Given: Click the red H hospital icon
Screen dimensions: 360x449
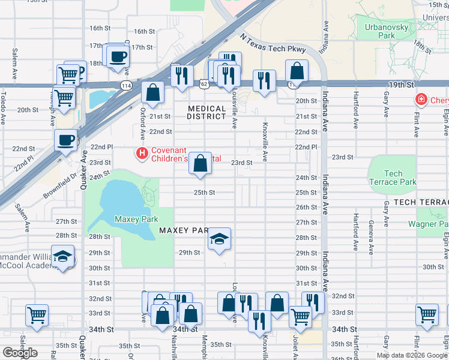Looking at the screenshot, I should [142, 154].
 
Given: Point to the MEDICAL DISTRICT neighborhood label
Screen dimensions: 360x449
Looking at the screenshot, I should [207, 113].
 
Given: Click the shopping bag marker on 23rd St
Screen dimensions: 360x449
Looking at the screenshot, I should [200, 163].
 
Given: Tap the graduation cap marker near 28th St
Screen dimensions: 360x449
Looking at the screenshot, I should [219, 239].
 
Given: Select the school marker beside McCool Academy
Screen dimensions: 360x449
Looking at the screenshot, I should [62, 256].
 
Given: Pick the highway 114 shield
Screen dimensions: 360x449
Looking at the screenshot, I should [125, 85].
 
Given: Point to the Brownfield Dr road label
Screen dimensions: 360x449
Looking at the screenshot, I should [61, 187].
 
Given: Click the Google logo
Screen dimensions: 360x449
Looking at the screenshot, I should [20, 353].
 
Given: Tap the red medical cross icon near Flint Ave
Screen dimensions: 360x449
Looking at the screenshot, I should [421, 100].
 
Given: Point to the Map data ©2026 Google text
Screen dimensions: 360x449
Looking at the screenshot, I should [412, 355].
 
